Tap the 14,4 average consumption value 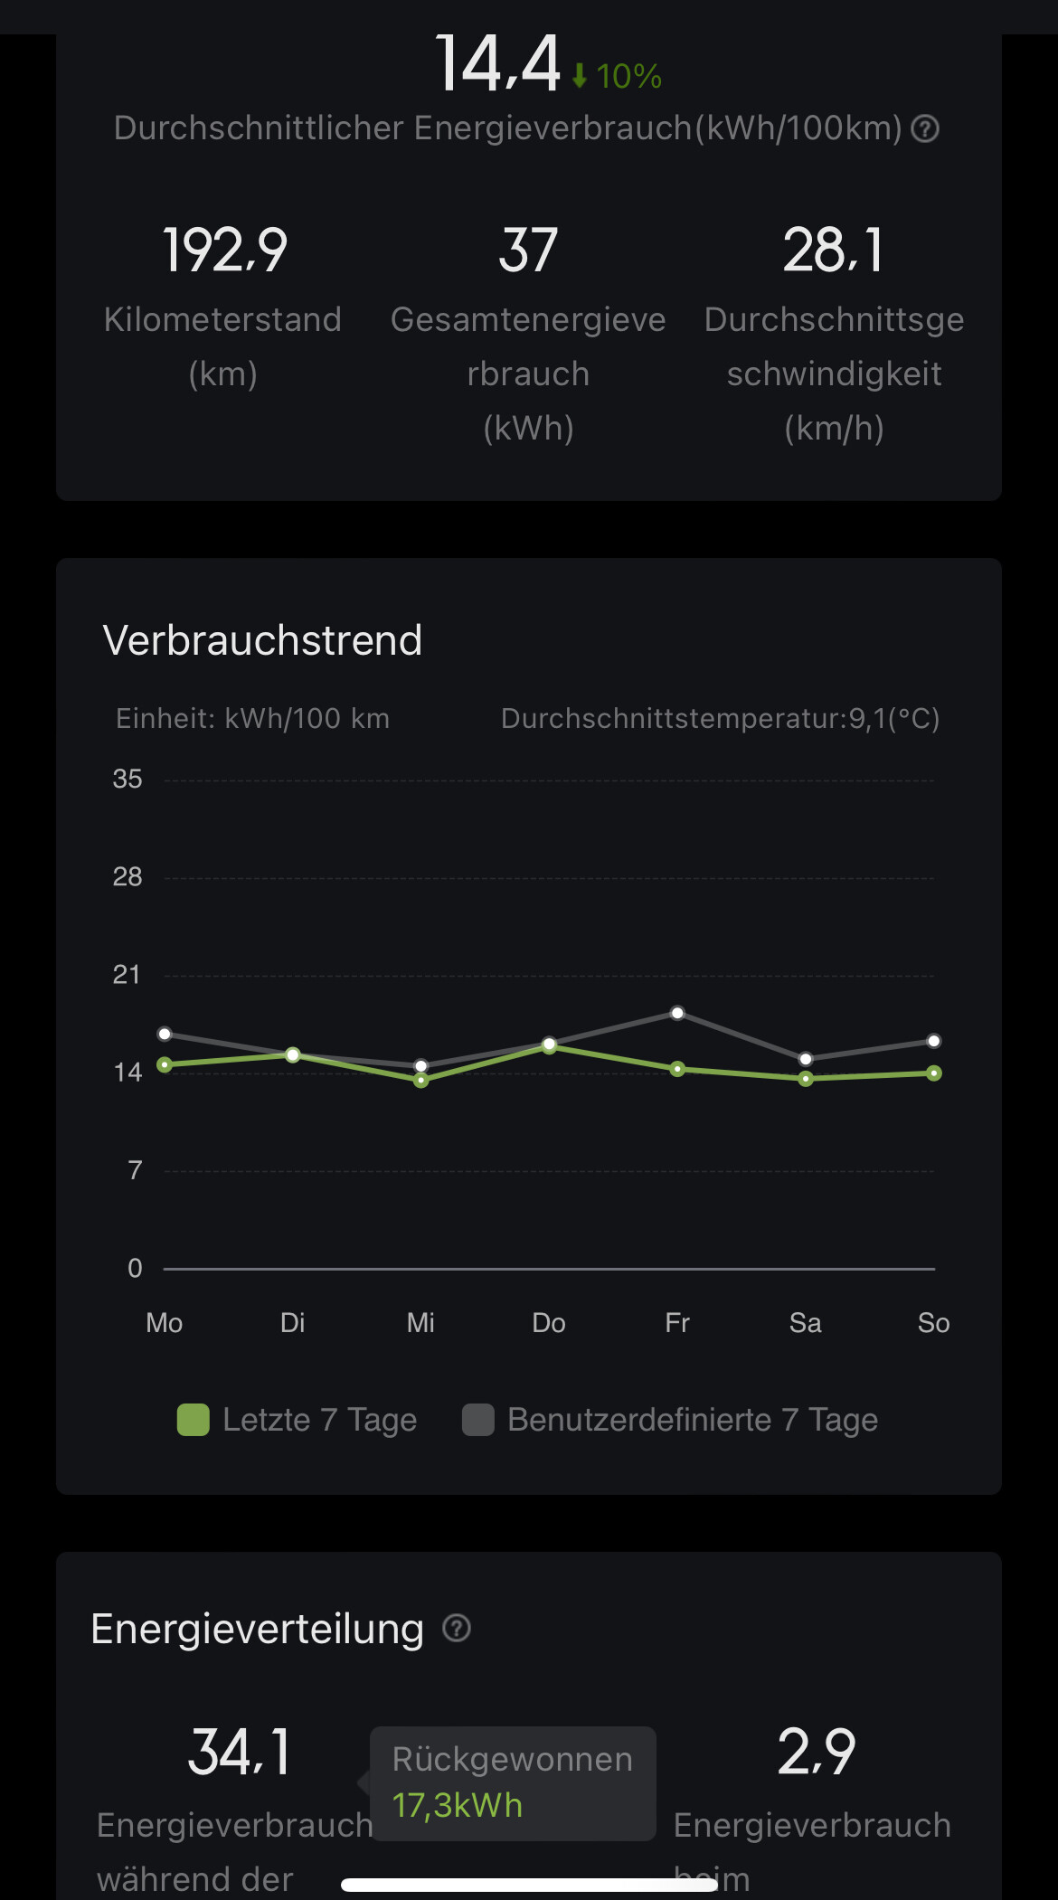click(x=498, y=65)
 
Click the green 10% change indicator click(x=618, y=77)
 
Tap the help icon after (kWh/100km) click(x=924, y=129)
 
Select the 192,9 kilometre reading click(x=224, y=250)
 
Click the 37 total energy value click(x=528, y=250)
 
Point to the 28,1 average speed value click(x=833, y=250)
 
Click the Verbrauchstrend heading click(x=262, y=640)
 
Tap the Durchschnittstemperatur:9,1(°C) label click(x=720, y=719)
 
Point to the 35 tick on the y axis click(x=128, y=779)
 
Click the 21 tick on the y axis click(x=127, y=975)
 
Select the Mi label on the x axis click(x=420, y=1323)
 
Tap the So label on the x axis click(x=933, y=1323)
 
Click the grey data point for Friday click(x=677, y=1013)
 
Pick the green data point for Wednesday click(x=420, y=1080)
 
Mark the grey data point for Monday click(x=165, y=1034)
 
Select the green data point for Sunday click(x=934, y=1073)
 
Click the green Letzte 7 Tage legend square click(x=193, y=1420)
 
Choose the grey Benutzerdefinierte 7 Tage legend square click(x=477, y=1420)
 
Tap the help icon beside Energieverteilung click(x=457, y=1629)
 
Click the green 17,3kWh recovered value click(x=458, y=1806)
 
